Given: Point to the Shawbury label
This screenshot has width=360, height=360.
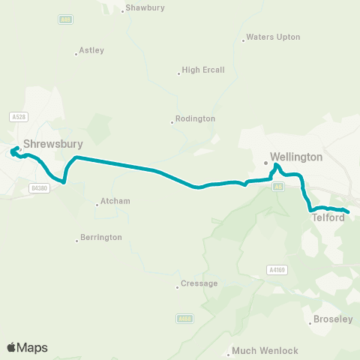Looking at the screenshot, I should click(x=145, y=9).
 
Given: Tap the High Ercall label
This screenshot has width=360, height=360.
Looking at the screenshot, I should click(x=202, y=72).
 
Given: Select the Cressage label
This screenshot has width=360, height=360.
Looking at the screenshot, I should click(x=200, y=283).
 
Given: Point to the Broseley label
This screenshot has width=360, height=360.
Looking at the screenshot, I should click(x=333, y=319).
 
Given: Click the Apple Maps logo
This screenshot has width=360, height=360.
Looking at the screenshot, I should click(x=27, y=347).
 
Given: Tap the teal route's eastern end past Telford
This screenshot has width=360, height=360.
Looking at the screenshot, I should click(x=348, y=211).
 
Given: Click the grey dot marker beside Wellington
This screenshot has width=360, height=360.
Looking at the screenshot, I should click(x=265, y=161).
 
